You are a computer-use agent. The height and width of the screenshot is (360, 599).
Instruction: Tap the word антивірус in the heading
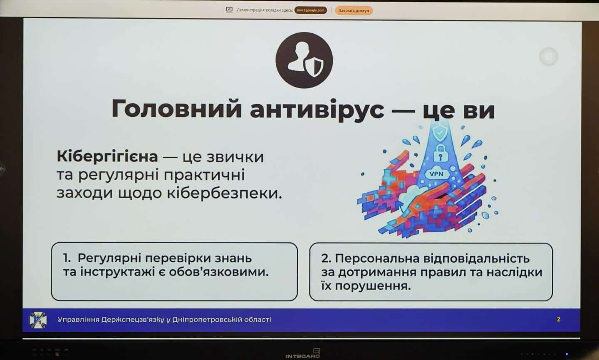pyautogui.click(x=317, y=110)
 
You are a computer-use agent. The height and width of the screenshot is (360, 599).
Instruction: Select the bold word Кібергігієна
pyautogui.click(x=107, y=156)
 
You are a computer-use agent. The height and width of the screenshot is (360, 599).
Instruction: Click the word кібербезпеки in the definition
pyautogui.click(x=225, y=193)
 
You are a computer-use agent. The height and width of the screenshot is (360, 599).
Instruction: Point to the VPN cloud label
pyautogui.click(x=436, y=174)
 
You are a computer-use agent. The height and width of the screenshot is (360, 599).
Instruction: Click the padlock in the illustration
pyautogui.click(x=441, y=153)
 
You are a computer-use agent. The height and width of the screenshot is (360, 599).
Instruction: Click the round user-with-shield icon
pyautogui.click(x=304, y=60)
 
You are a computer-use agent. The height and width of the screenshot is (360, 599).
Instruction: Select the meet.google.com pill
pyautogui.click(x=310, y=10)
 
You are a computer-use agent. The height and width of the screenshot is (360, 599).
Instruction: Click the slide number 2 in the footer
pyautogui.click(x=558, y=319)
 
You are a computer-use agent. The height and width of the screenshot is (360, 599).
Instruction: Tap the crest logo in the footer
pyautogui.click(x=38, y=320)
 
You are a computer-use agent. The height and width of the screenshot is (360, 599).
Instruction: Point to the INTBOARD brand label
pyautogui.click(x=303, y=356)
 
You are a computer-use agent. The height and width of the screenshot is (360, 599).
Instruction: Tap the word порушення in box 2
pyautogui.click(x=373, y=286)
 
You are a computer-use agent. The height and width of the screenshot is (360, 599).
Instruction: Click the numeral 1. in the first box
pyautogui.click(x=67, y=258)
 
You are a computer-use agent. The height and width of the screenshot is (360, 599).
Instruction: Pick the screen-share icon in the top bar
pyautogui.click(x=229, y=10)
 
